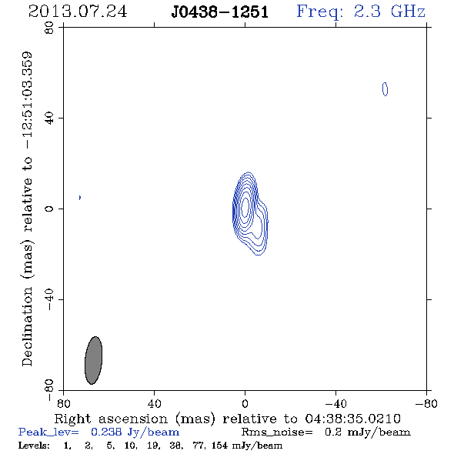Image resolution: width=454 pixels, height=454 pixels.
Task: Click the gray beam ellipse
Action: [93, 360]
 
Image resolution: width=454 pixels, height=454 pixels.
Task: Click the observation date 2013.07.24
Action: [78, 12]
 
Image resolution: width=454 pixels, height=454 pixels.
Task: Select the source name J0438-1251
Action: [220, 12]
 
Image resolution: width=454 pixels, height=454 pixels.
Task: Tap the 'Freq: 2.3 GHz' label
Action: [361, 12]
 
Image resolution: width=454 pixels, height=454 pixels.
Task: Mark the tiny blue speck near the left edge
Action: [80, 198]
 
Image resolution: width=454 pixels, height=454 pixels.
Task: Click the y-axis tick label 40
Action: [50, 119]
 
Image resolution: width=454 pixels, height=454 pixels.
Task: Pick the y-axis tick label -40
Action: [50, 299]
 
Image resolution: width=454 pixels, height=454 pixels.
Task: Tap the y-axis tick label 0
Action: [50, 209]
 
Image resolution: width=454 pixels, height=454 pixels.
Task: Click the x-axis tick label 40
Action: [155, 403]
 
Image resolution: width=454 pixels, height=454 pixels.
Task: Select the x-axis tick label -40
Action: [335, 403]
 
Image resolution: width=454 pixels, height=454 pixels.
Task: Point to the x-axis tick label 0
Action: [245, 403]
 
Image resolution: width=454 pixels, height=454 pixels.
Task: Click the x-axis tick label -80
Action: [426, 403]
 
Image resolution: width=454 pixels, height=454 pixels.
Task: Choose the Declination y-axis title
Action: [27, 209]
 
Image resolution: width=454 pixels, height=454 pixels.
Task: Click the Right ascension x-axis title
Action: [227, 419]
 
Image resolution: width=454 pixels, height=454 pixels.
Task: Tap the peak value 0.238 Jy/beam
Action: [135, 432]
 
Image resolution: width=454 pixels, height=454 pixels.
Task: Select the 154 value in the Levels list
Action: [219, 445]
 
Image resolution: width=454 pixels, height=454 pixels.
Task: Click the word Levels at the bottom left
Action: [34, 445]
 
